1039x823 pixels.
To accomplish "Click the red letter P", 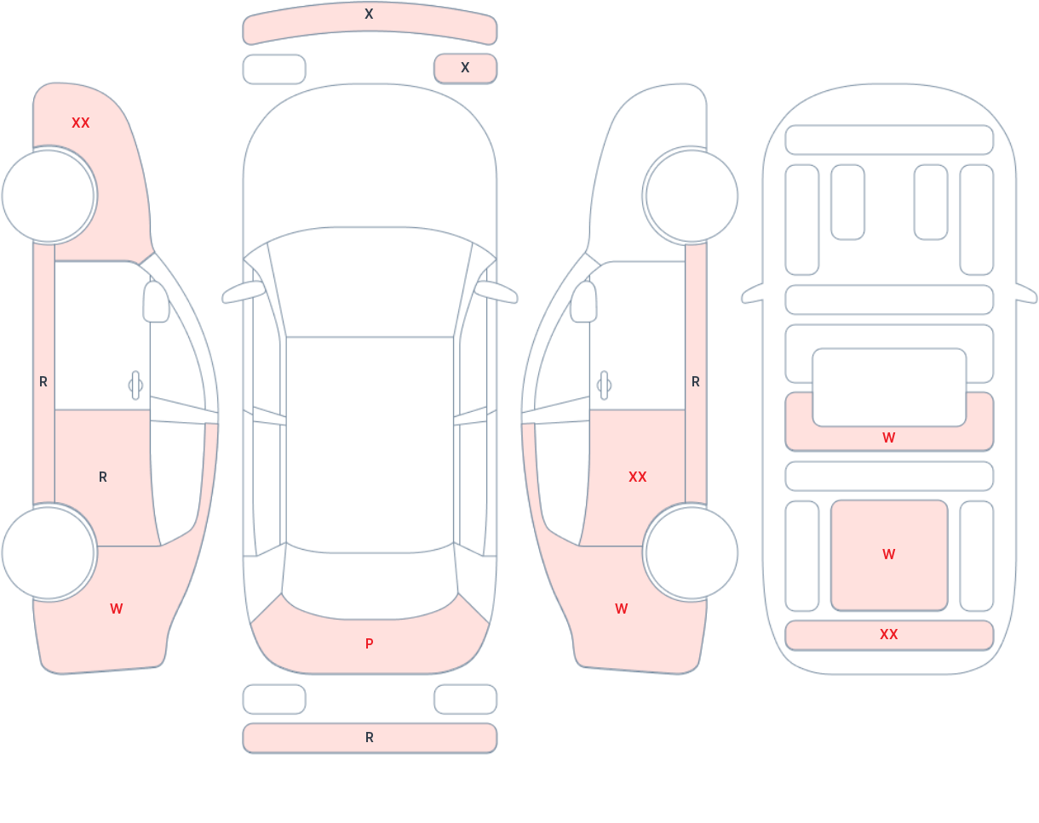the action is [370, 643].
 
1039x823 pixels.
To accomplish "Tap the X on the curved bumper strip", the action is [369, 14].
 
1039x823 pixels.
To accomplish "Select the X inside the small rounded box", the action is [465, 67].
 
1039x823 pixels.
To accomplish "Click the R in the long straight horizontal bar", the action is [370, 737].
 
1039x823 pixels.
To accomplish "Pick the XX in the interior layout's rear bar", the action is [889, 634].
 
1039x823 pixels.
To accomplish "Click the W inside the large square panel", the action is [889, 554].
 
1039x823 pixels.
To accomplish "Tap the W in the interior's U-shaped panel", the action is [889, 437].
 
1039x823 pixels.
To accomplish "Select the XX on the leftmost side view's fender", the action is [81, 123].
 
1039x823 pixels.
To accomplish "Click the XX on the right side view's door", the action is [637, 477].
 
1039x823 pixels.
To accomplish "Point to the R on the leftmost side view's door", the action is [103, 477].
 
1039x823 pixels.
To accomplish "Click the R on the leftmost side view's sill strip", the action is [43, 382].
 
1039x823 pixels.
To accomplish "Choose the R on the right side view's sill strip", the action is [695, 382].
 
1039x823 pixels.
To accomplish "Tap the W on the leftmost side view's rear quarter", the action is [117, 609].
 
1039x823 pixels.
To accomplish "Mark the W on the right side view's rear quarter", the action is [622, 609].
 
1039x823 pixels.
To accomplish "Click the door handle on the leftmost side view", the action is [135, 386].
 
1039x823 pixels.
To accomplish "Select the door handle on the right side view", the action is [604, 386].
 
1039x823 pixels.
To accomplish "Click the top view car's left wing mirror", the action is [244, 292].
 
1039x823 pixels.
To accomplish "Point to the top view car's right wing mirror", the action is [496, 292].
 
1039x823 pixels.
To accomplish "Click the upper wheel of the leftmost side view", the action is [49, 196].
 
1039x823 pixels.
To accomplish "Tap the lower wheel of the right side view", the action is [691, 553].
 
